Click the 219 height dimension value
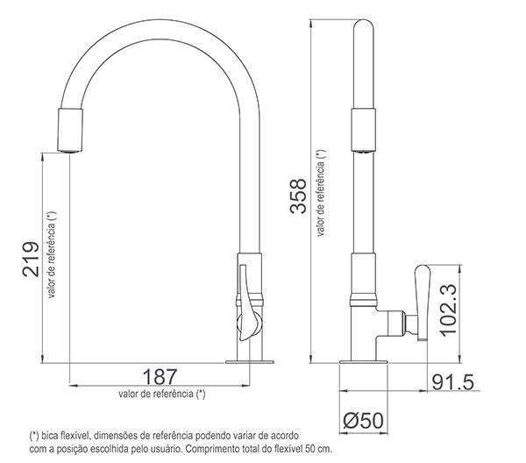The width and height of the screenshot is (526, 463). click(29, 259)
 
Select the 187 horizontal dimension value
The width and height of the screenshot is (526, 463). click(160, 376)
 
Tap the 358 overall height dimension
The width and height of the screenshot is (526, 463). click(299, 195)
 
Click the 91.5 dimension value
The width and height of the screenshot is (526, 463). click(453, 383)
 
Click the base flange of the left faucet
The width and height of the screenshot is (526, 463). click(249, 360)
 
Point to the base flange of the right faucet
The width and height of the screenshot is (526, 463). click(360, 360)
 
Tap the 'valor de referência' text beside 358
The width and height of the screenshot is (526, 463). click(323, 195)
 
